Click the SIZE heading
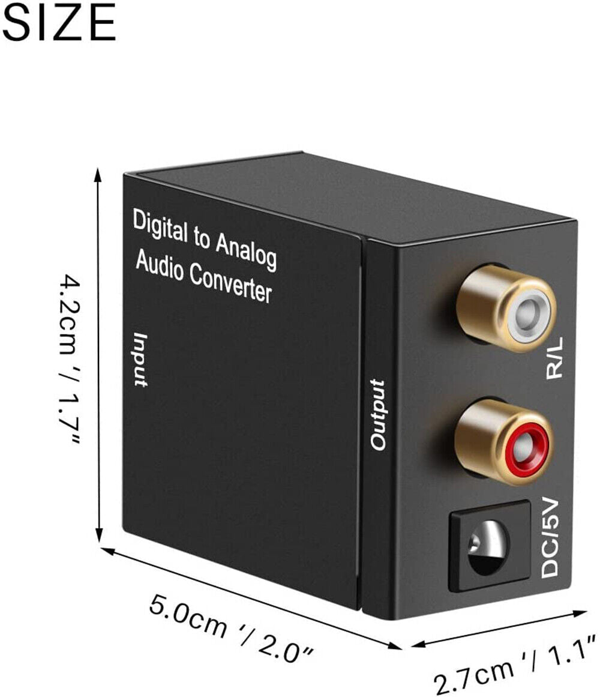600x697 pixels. tap(58, 22)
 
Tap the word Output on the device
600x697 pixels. tap(379, 414)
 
